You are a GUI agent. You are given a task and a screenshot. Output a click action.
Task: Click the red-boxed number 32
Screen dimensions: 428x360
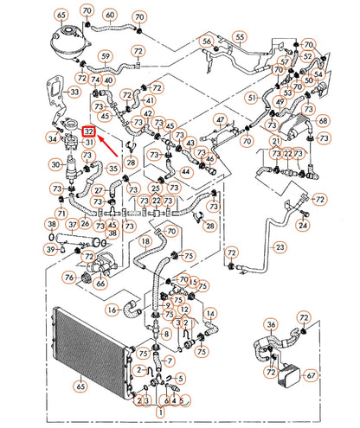(89, 131)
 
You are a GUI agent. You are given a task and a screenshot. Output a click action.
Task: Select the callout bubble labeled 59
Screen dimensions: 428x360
(105, 58)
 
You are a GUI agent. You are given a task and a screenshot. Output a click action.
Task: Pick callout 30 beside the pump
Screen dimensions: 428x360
(56, 163)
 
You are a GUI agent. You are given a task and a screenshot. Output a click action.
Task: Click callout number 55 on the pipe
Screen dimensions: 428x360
(239, 38)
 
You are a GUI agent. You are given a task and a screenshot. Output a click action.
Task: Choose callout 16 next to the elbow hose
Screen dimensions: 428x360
(112, 308)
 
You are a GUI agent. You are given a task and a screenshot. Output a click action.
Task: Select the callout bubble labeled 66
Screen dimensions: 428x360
(100, 282)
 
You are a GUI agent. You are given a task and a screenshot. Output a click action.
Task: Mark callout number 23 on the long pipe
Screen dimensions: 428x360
(280, 247)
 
